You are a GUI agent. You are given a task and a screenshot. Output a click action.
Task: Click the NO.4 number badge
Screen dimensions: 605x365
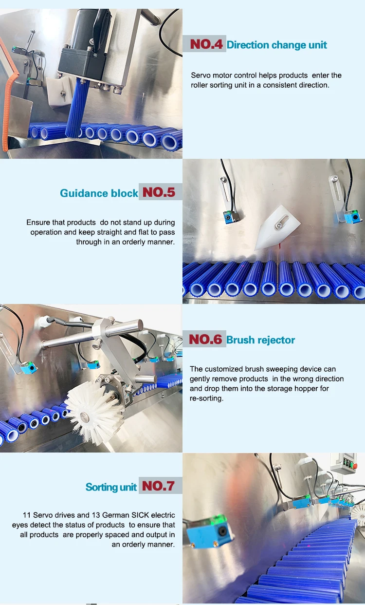tap(206, 45)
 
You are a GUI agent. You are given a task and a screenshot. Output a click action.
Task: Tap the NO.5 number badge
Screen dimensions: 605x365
tap(159, 192)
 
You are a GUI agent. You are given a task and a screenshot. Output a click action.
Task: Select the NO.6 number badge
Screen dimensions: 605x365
tap(204, 340)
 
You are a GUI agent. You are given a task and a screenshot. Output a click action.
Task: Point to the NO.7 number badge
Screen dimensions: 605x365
tap(158, 486)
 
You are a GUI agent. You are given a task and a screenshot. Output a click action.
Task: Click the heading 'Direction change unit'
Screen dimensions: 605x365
tap(277, 45)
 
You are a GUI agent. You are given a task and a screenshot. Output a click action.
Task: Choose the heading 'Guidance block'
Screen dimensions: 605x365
tap(99, 193)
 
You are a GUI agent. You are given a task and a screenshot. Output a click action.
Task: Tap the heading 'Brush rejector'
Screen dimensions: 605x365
tap(261, 340)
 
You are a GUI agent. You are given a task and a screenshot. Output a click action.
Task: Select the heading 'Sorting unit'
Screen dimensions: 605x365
tap(111, 487)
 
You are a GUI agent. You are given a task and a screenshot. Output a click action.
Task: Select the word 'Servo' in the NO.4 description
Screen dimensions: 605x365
tap(201, 76)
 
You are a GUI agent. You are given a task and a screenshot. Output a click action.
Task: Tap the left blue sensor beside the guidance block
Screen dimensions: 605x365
tap(229, 217)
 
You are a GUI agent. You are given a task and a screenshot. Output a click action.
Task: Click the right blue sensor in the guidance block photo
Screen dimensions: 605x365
tap(352, 216)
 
